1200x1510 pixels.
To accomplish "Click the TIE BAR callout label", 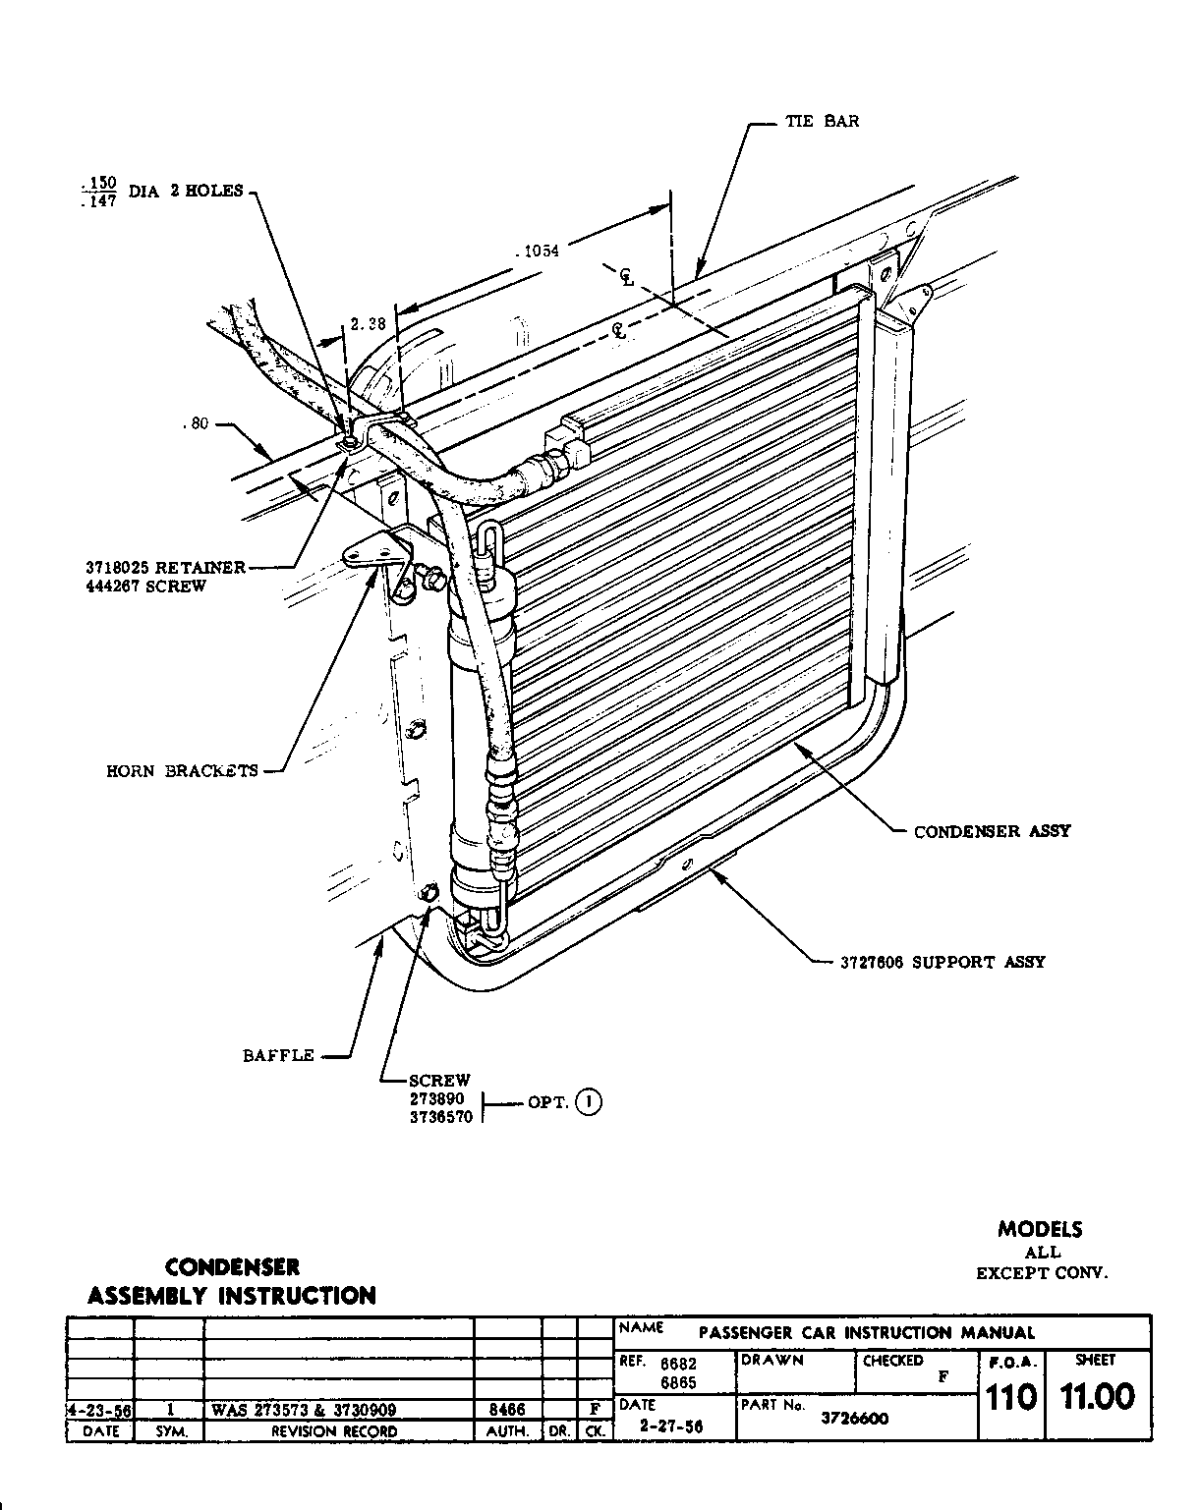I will pyautogui.click(x=822, y=122).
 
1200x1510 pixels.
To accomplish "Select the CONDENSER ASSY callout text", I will pyautogui.click(x=992, y=831).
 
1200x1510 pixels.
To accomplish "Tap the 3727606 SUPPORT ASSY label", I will pyautogui.click(x=942, y=962).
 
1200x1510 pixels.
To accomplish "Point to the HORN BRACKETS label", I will pyautogui.click(x=182, y=771).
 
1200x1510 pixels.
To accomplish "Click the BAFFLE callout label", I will pyautogui.click(x=278, y=1056).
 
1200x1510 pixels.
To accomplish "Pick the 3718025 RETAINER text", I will pyautogui.click(x=164, y=568).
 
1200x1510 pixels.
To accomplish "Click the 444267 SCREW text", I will pyautogui.click(x=145, y=587).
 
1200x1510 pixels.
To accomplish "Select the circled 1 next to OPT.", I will pyautogui.click(x=589, y=1101).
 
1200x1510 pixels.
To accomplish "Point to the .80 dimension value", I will pyautogui.click(x=196, y=425).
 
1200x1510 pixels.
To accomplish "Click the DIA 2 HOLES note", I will pyautogui.click(x=186, y=192).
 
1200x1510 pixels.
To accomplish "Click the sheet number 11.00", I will pyautogui.click(x=1096, y=1397).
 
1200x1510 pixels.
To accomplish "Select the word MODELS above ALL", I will pyautogui.click(x=1040, y=1229).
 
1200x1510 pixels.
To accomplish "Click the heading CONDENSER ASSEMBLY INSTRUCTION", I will pyautogui.click(x=232, y=1281).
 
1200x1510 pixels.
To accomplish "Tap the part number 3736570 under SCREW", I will pyautogui.click(x=441, y=1117).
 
